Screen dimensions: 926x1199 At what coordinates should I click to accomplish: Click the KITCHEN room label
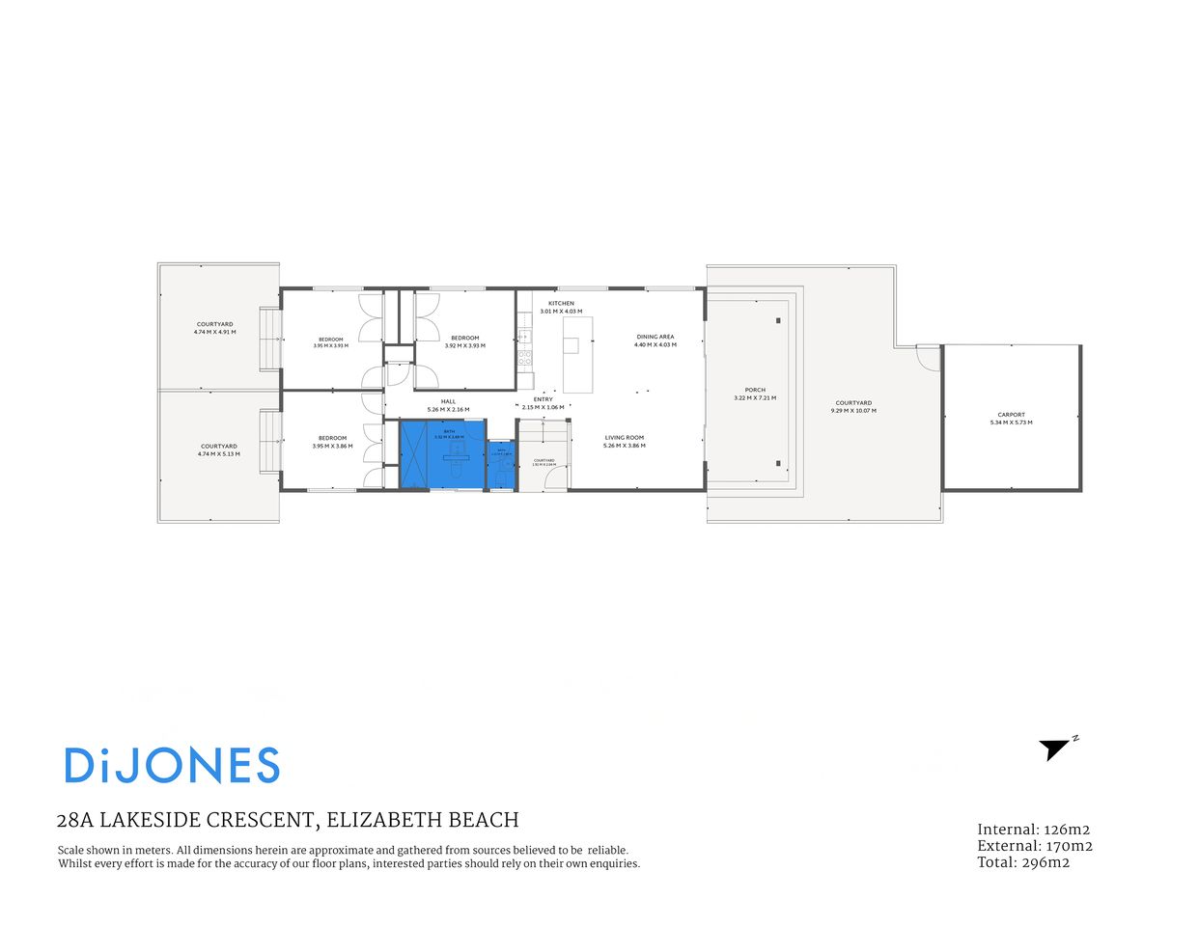coord(561,303)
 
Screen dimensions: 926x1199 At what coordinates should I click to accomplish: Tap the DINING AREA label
coord(655,337)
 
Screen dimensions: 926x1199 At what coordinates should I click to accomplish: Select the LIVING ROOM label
coord(624,438)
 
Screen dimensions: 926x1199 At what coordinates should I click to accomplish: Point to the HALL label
coord(448,401)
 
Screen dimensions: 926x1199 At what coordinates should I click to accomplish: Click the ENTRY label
coord(544,399)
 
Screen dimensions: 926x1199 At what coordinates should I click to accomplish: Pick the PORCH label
coord(755,390)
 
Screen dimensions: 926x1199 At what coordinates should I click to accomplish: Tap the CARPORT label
coord(1011,415)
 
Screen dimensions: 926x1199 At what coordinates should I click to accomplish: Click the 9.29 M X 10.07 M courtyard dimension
coord(853,411)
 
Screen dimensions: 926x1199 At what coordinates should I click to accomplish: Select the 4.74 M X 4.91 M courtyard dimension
coord(214,332)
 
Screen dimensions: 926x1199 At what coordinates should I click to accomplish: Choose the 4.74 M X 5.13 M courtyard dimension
coord(218,454)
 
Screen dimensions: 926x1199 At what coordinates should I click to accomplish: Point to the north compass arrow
coord(1055,749)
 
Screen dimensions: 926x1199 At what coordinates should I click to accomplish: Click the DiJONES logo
coord(172,766)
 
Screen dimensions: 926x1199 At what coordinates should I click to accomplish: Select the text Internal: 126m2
coord(1033,830)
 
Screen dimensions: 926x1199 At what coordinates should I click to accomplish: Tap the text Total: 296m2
coord(1023,862)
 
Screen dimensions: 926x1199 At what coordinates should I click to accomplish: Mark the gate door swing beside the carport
coord(927,357)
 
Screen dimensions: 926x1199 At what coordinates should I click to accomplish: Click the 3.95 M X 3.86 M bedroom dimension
coord(332,447)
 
